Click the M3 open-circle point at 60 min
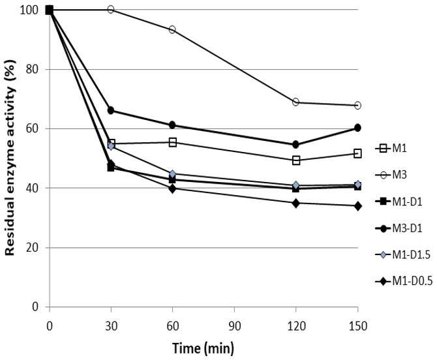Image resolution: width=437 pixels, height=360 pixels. click(172, 29)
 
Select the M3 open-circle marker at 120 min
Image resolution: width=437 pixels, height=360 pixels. click(295, 102)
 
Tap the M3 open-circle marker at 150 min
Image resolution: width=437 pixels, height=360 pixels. click(357, 105)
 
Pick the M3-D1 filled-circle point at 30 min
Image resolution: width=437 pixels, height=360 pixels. click(111, 110)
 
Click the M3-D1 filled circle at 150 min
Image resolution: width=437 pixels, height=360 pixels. click(357, 128)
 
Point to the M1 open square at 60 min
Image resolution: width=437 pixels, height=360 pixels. click(173, 142)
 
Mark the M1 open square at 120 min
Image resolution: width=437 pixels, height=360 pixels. click(296, 160)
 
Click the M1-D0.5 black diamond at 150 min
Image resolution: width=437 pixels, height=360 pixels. click(357, 206)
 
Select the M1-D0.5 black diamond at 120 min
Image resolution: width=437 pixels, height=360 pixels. click(296, 203)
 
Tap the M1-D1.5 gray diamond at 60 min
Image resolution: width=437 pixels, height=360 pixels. click(172, 174)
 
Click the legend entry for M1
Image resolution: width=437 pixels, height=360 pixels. click(391, 148)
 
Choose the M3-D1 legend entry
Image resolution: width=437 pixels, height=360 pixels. click(399, 228)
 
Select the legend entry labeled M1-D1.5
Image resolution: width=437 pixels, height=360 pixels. click(403, 255)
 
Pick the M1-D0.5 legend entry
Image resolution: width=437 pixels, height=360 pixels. click(404, 281)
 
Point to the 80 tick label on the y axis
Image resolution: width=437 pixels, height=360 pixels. click(32, 69)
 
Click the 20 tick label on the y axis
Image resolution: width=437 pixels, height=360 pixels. click(32, 247)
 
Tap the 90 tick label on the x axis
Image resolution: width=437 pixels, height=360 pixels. click(234, 325)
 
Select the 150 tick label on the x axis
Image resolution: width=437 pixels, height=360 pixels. click(357, 325)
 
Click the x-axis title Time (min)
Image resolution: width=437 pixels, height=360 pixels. click(203, 348)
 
